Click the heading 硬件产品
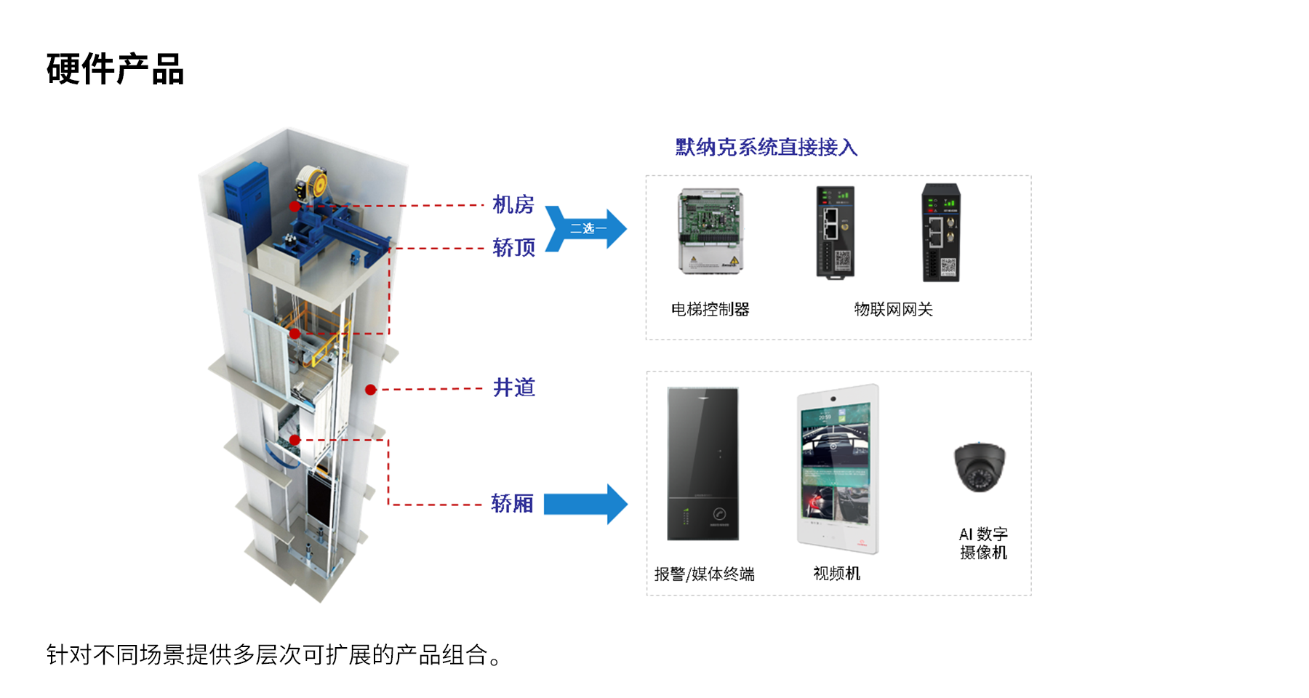[x=115, y=70]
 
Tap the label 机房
[x=513, y=205]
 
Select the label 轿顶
[x=513, y=248]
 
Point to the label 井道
[x=513, y=388]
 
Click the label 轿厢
[x=512, y=503]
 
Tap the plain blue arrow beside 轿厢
[x=585, y=504]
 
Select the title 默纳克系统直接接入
[x=766, y=148]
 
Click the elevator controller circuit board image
[x=710, y=230]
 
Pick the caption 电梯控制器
[x=710, y=310]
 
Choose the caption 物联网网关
[x=893, y=310]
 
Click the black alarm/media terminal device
[x=702, y=464]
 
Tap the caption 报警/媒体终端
[x=704, y=574]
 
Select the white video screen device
[x=837, y=469]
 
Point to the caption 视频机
[x=836, y=574]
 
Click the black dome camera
[x=980, y=467]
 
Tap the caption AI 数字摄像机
[x=983, y=543]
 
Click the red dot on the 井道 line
[x=371, y=390]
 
